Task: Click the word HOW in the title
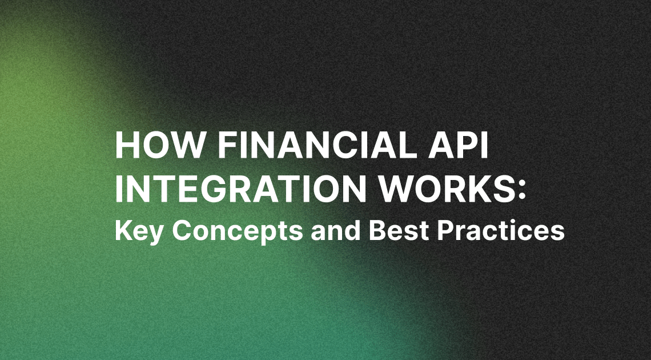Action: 160,145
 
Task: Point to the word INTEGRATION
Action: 240,189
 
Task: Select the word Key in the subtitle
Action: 139,231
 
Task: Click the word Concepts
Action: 238,231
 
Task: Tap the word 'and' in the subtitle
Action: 335,230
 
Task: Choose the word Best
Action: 399,230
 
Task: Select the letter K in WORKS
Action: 477,189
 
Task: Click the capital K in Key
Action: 123,230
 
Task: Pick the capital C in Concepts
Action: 182,230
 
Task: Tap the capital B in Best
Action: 377,230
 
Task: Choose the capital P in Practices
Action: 445,230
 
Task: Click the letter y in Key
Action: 156,235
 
